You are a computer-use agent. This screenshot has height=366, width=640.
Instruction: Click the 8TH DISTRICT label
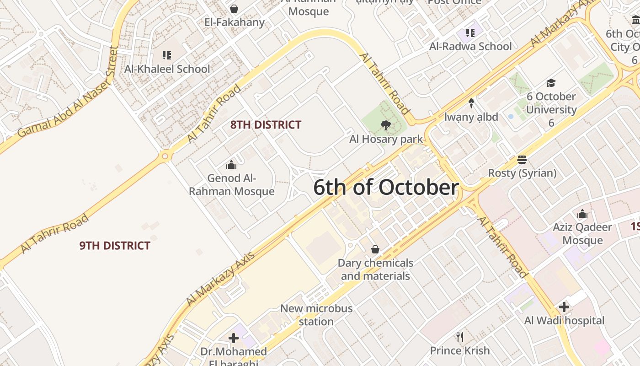[266, 125]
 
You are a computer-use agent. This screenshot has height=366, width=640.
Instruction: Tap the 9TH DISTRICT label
[115, 246]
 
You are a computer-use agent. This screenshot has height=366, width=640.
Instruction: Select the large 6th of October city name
[386, 188]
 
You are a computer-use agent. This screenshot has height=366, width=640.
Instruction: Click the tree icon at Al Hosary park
[386, 125]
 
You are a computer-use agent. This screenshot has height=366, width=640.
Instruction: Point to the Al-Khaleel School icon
[167, 55]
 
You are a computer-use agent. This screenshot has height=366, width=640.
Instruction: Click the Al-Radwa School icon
[470, 32]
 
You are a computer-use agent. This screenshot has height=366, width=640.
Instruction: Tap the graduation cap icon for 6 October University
[551, 83]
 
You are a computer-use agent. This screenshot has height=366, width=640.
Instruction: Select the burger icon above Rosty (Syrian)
[522, 160]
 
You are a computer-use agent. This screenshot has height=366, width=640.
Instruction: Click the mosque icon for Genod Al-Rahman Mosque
[231, 164]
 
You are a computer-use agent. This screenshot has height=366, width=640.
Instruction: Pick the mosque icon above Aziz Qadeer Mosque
[582, 214]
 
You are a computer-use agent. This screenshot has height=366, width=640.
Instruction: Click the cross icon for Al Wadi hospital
[564, 307]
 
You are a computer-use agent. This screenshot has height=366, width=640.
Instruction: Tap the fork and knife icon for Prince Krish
[460, 337]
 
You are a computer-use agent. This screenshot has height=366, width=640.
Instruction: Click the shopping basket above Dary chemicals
[375, 249]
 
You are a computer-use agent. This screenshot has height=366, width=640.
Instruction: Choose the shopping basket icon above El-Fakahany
[234, 9]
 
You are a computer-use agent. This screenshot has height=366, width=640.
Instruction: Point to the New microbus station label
[316, 315]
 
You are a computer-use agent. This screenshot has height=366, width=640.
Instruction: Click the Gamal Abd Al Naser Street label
[69, 91]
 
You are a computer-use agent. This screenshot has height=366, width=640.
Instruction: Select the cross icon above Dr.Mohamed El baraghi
[234, 338]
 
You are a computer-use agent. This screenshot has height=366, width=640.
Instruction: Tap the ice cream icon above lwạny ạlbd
[471, 103]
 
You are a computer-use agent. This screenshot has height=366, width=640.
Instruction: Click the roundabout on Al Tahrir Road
[165, 156]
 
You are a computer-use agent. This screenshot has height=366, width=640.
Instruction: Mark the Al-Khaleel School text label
[167, 69]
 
